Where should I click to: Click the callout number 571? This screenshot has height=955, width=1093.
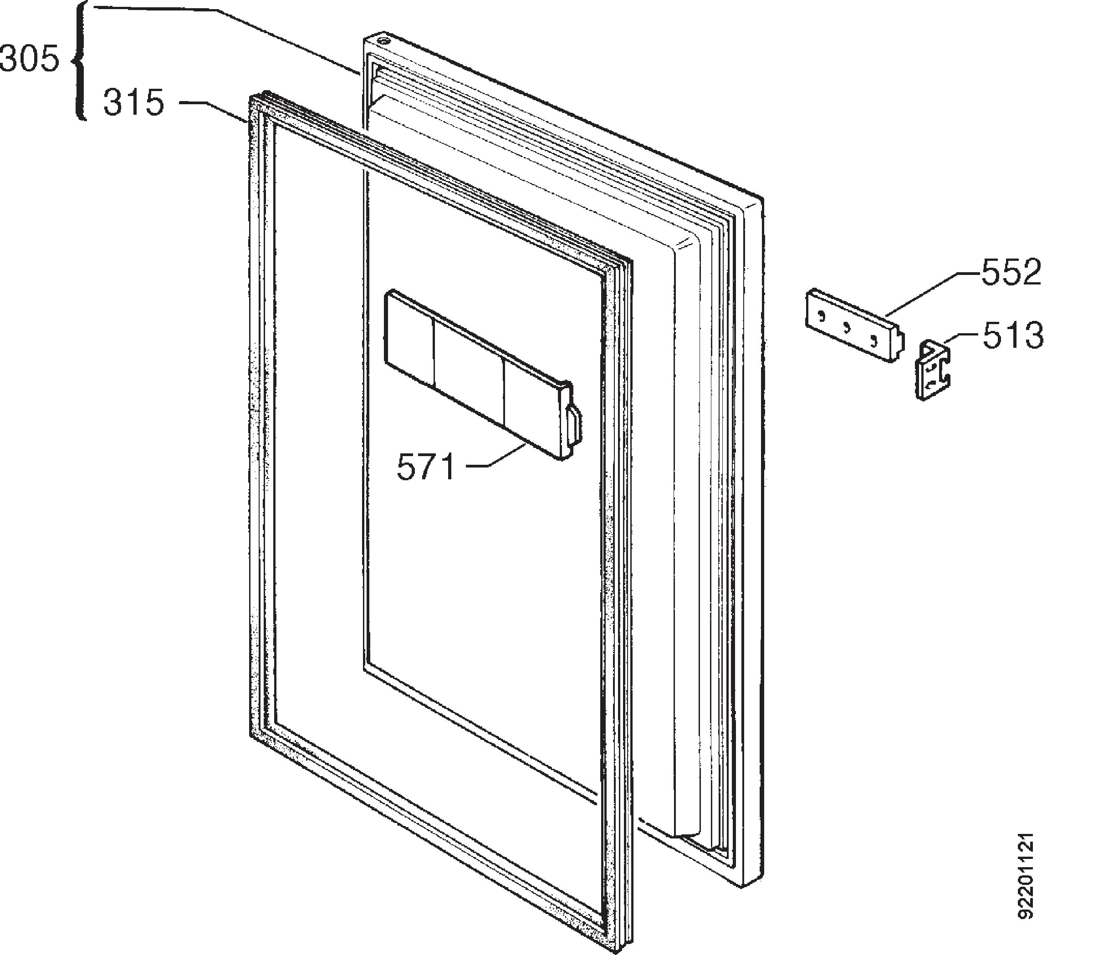point(425,467)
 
